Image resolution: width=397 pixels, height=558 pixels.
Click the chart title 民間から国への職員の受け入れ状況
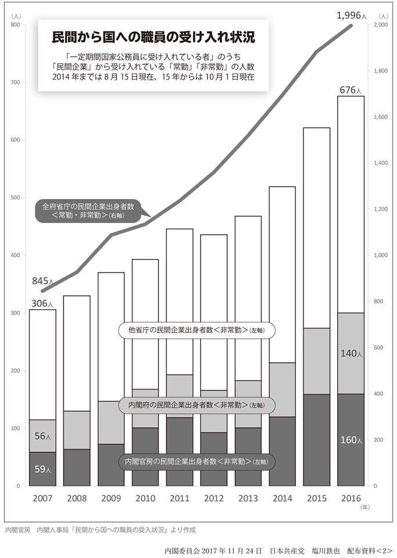coord(153,37)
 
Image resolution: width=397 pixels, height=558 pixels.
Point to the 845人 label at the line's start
coord(42,282)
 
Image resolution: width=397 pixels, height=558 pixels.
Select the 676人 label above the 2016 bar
coord(350,90)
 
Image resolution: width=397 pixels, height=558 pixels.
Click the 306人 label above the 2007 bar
coord(42,303)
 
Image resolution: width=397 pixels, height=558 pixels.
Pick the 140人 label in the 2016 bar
coord(350,353)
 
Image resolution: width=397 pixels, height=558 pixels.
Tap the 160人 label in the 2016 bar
coord(350,440)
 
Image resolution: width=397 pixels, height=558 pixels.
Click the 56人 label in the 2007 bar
coord(42,435)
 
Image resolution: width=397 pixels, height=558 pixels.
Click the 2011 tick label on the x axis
coord(180,499)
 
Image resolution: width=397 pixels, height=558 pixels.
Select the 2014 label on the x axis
coord(282,499)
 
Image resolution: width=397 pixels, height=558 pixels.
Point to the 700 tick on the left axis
coord(16,83)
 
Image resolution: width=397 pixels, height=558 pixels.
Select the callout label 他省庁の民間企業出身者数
coord(196,330)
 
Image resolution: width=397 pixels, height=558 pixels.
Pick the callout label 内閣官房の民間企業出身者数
coord(196,461)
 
